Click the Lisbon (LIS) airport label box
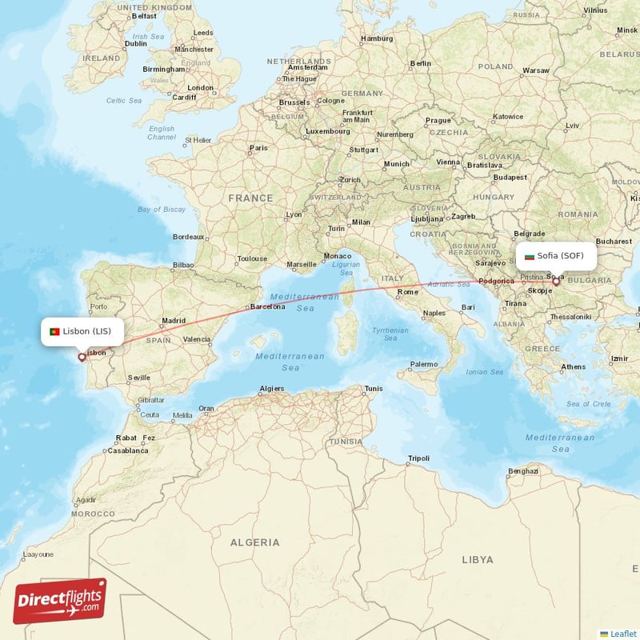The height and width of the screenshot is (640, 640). (x=83, y=331)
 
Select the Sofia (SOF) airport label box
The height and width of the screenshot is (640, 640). (x=556, y=256)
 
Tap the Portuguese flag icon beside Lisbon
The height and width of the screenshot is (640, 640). (x=54, y=331)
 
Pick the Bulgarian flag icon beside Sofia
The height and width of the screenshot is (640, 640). (x=530, y=257)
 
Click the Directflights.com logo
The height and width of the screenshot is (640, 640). (x=60, y=601)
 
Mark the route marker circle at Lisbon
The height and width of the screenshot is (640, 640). (x=82, y=358)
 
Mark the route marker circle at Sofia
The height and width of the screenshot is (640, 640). (x=556, y=282)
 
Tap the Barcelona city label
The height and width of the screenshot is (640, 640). (x=267, y=306)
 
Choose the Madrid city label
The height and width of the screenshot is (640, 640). (x=174, y=321)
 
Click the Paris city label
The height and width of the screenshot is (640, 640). (x=258, y=148)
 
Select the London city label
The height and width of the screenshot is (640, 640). (x=200, y=88)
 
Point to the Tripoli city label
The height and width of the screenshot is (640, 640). (x=418, y=458)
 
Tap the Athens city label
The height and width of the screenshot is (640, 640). (x=573, y=367)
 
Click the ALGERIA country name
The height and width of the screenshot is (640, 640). (x=255, y=542)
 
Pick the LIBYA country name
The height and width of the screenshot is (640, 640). (x=478, y=560)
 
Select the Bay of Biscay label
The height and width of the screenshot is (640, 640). (x=162, y=210)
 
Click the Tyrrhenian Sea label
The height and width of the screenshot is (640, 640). (x=390, y=334)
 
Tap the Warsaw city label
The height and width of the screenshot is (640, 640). (x=535, y=70)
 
